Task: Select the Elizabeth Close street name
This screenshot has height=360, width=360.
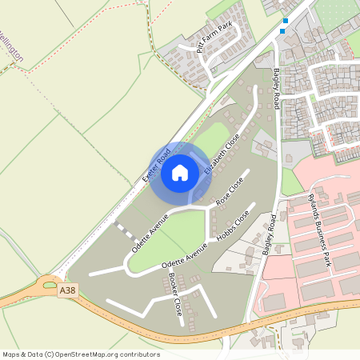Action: tap(222, 154)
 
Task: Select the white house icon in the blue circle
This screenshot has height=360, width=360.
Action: tap(180, 173)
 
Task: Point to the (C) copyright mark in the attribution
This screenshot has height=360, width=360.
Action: tap(49, 354)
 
